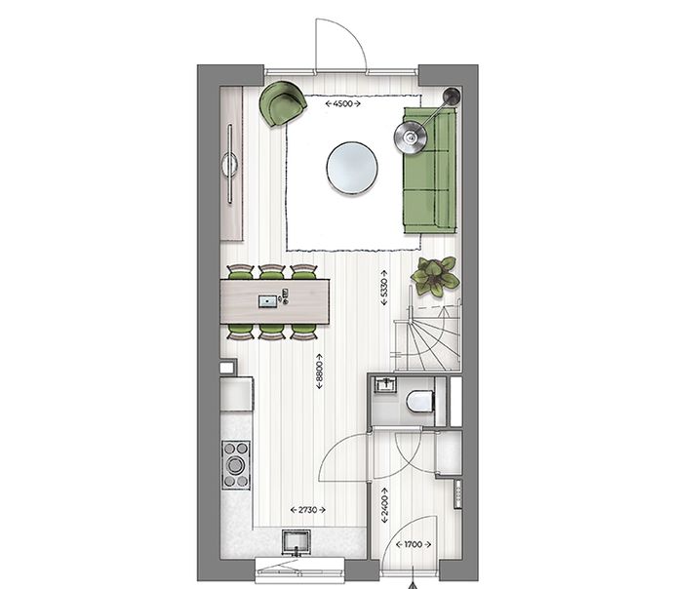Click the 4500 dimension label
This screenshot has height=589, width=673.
pyautogui.click(x=342, y=103)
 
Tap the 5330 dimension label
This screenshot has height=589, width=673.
pyautogui.click(x=384, y=288)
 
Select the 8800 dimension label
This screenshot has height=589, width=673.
pyautogui.click(x=319, y=372)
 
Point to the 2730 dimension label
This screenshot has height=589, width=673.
pyautogui.click(x=308, y=510)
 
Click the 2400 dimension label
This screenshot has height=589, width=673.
pyautogui.click(x=384, y=505)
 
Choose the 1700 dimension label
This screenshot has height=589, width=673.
pyautogui.click(x=413, y=544)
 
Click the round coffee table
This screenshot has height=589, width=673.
pyautogui.click(x=352, y=169)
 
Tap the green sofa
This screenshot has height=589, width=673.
pyautogui.click(x=429, y=171)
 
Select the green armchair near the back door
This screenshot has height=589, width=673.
pyautogui.click(x=283, y=103)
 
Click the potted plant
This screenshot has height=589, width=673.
pyautogui.click(x=435, y=277)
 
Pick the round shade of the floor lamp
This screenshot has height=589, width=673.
pyautogui.click(x=411, y=137)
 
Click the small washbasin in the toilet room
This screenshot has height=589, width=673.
pyautogui.click(x=385, y=384)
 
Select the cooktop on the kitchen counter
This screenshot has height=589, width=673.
pyautogui.click(x=236, y=464)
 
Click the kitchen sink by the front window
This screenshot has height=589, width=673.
pyautogui.click(x=296, y=541)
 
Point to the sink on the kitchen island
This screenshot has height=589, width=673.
pyautogui.click(x=268, y=301)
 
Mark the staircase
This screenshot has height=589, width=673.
pyautogui.click(x=427, y=334)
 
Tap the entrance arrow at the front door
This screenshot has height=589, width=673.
pyautogui.click(x=413, y=585)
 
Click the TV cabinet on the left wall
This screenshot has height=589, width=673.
pyautogui.click(x=231, y=164)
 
